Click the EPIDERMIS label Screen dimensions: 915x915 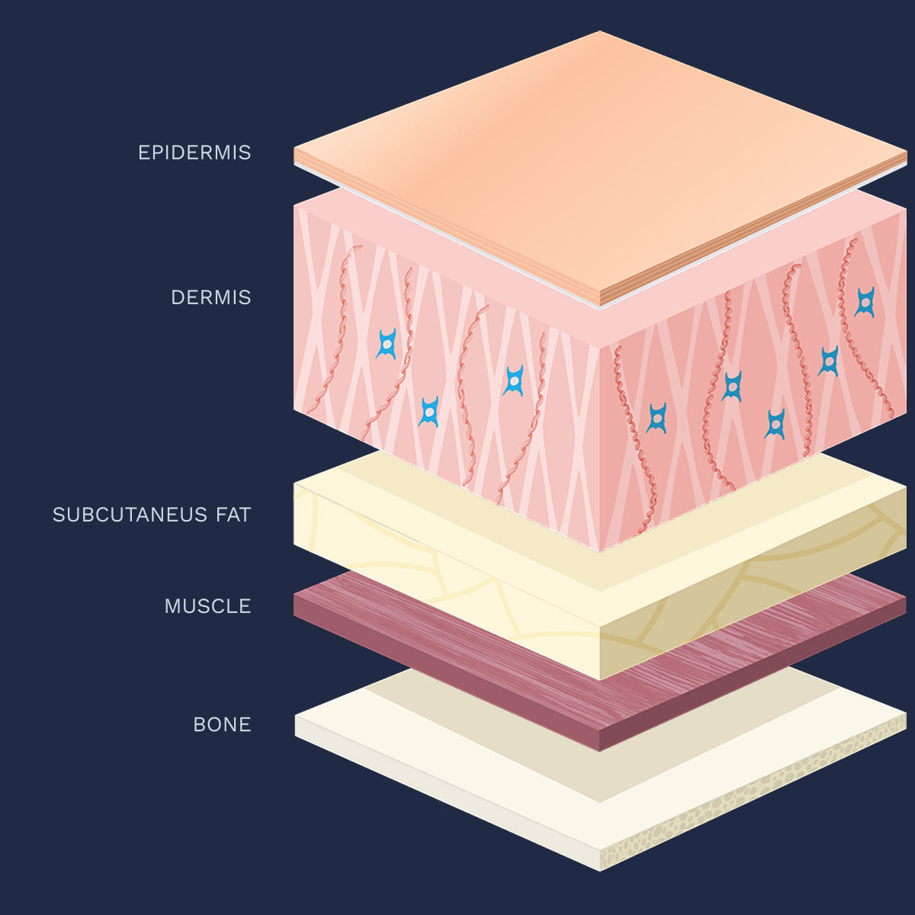click(x=194, y=152)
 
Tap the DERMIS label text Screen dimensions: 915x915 click(x=210, y=297)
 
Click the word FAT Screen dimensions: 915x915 click(x=233, y=515)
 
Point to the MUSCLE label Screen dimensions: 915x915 click(x=207, y=606)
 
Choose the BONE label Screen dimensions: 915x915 click(x=222, y=724)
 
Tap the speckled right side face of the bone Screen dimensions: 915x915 click(x=755, y=793)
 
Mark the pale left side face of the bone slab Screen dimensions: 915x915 click(x=442, y=793)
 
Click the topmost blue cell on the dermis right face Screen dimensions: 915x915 click(x=864, y=302)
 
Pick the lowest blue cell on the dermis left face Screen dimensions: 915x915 click(x=429, y=412)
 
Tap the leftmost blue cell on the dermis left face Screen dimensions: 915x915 click(x=387, y=344)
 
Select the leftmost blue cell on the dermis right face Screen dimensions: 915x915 click(x=657, y=418)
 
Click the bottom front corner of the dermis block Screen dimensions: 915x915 click(x=600, y=551)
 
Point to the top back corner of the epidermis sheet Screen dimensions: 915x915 click(x=600, y=32)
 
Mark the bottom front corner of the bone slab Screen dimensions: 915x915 click(x=600, y=870)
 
